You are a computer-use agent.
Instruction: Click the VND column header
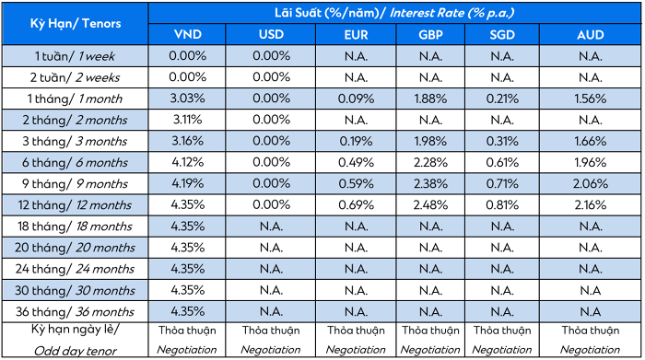tap(188, 34)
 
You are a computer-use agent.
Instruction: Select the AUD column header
tap(591, 34)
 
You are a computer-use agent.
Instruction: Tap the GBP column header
tap(430, 34)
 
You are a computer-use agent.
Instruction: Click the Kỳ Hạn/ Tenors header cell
tap(76, 23)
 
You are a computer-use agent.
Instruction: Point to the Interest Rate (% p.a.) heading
tap(451, 13)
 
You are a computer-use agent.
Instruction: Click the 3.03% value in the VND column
tap(188, 99)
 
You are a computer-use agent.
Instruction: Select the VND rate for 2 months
tap(188, 120)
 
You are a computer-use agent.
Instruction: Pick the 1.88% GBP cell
tap(430, 99)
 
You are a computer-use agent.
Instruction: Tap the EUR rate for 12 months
tap(357, 205)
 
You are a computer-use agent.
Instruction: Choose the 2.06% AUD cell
tap(591, 184)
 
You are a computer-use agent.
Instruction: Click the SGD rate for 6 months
tap(502, 162)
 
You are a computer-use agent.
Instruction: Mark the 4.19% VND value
tap(188, 184)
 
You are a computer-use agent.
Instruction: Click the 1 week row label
tap(75, 56)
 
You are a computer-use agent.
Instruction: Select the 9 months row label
tap(75, 184)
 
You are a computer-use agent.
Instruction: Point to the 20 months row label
tap(75, 248)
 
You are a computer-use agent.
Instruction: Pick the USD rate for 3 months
tap(272, 141)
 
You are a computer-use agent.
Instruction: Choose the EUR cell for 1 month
tap(357, 99)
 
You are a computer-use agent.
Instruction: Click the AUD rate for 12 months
tap(591, 205)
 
